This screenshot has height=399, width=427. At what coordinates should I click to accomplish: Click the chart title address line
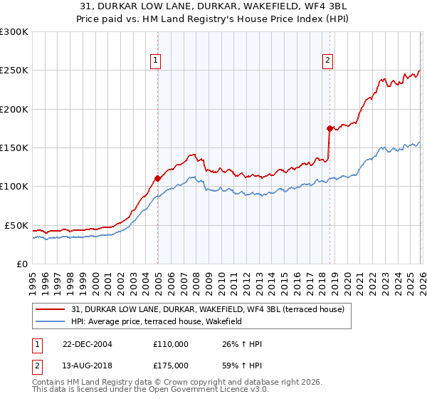coord(213,8)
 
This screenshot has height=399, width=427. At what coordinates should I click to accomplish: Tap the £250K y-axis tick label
coord(14,71)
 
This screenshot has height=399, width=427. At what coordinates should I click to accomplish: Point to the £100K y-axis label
coord(14,187)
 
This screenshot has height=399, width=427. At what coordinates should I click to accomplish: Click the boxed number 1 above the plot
coord(154,61)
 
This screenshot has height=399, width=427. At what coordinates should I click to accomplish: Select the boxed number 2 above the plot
coord(327,61)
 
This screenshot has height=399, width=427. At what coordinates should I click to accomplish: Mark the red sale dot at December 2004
coord(157,178)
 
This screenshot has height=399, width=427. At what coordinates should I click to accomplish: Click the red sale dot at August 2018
coord(329,128)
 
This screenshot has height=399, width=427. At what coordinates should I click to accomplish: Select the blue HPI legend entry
coord(157,321)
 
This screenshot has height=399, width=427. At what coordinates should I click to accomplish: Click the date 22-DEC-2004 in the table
coord(87,344)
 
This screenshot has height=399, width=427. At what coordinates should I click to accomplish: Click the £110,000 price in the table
coord(171,344)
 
